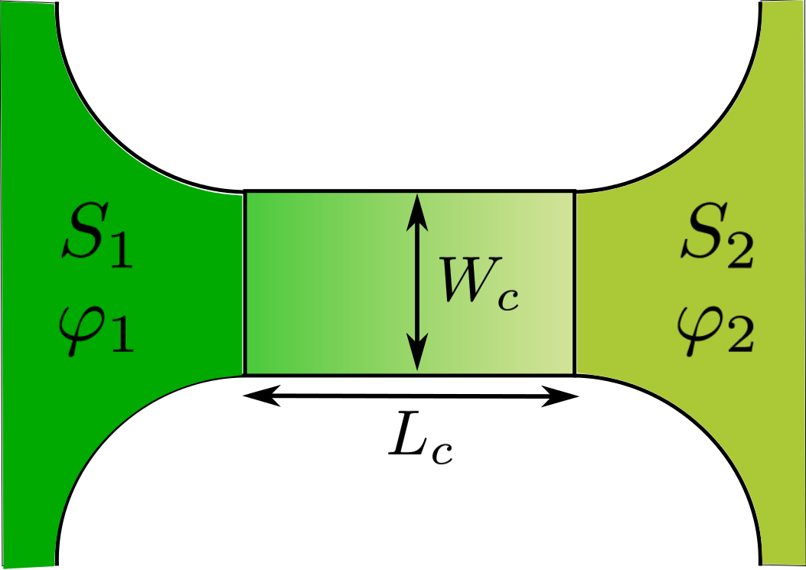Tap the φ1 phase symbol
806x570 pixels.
[x=96, y=333]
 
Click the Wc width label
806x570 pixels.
[x=474, y=282]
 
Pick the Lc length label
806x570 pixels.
[x=420, y=439]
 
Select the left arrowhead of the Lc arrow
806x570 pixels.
[x=254, y=396]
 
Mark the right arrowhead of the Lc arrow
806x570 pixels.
[x=565, y=396]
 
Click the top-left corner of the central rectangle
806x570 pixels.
[x=245, y=191]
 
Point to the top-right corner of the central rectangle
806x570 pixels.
[x=574, y=191]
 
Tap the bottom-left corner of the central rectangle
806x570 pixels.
[x=245, y=375]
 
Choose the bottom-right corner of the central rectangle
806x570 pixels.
[x=574, y=375]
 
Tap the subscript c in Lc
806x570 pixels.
[x=442, y=451]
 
